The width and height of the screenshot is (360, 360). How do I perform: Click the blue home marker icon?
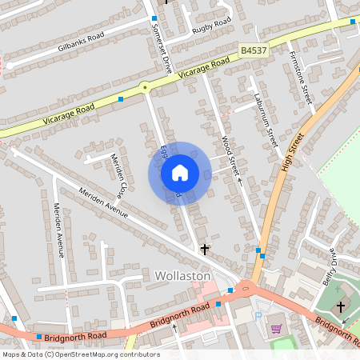point(180,172)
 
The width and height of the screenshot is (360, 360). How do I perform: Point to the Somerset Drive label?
point(162,49)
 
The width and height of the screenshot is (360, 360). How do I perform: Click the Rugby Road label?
point(212,26)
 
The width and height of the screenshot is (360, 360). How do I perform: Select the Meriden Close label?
point(118,175)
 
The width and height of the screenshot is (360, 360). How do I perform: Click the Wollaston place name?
point(182,276)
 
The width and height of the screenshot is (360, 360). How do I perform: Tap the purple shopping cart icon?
point(276,329)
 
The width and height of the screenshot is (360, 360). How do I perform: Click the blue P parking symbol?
point(258,315)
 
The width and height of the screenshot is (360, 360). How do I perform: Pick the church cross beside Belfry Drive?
point(340,306)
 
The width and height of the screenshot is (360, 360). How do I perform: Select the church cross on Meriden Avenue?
point(204,250)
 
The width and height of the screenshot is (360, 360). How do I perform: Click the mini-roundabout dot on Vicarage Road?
point(145,86)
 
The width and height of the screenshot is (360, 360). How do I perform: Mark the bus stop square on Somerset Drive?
point(154,18)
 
